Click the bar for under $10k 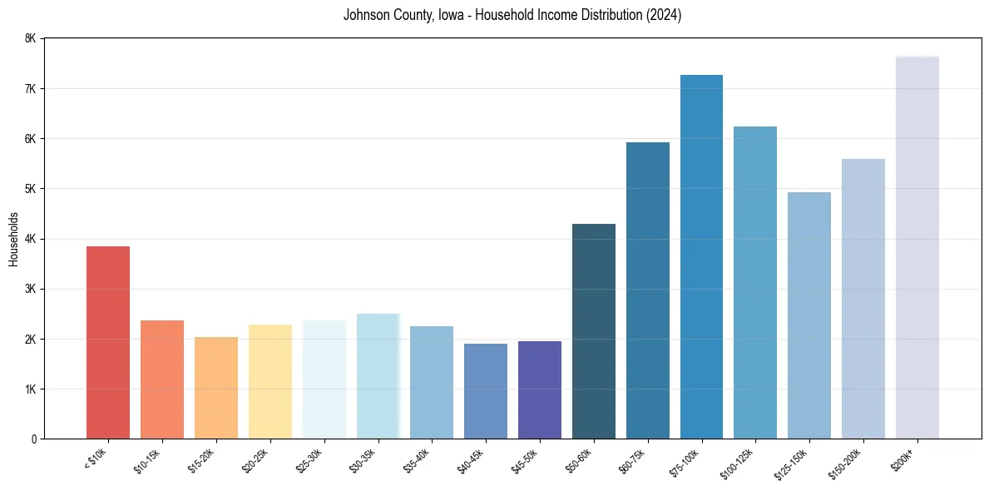107,342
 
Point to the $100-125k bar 755,282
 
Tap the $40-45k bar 486,391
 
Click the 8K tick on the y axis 30,38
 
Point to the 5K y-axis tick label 30,189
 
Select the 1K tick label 30,389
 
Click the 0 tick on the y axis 33,439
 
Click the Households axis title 13,239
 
